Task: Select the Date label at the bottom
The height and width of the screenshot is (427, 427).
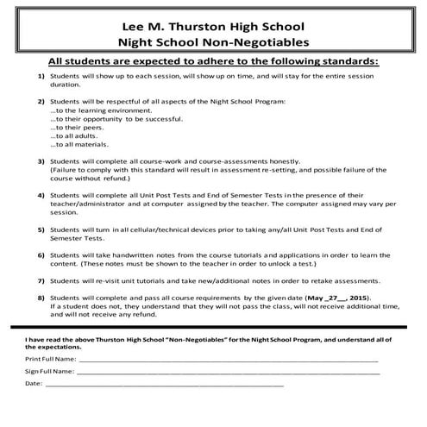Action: tap(33, 383)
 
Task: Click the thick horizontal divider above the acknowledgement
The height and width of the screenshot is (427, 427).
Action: tap(213, 328)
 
